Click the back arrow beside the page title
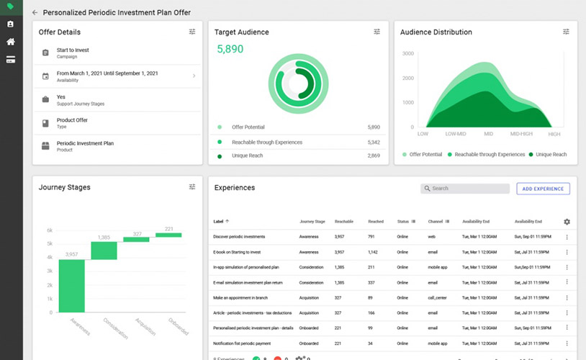pos(35,12)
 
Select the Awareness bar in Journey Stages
pos(71,286)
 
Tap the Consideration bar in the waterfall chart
pos(104,250)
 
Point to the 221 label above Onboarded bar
pos(169,229)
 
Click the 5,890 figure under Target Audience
pos(230,49)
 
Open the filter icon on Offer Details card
pos(192,32)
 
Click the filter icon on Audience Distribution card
pos(567,32)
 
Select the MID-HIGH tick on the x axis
pos(521,134)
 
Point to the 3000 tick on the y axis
pos(407,54)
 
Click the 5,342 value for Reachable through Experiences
pos(374,142)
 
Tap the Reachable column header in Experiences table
pos(343,222)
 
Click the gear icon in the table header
pos(567,222)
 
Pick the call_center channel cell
pos(436,297)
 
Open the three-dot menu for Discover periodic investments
pos(567,237)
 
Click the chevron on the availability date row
pos(194,76)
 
